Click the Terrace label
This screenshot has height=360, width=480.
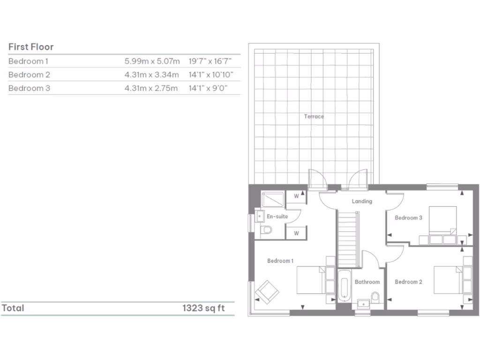click(314, 116)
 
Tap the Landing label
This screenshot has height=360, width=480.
click(362, 201)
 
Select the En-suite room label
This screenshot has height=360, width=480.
click(277, 217)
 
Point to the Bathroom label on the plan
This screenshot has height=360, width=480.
click(367, 282)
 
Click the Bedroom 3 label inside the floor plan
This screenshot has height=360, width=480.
click(408, 217)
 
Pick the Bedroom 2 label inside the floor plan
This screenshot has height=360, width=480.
click(408, 282)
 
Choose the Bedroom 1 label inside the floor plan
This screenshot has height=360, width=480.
click(280, 261)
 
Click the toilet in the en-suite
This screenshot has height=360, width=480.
click(266, 230)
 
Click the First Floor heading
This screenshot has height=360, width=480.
click(31, 47)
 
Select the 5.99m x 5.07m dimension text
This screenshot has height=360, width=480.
click(152, 61)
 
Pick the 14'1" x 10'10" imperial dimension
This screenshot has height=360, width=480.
click(211, 75)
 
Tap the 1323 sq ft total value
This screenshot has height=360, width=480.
click(204, 308)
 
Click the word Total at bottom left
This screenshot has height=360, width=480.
click(13, 308)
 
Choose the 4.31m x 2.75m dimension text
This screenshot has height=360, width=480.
click(152, 88)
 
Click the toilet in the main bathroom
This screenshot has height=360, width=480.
click(375, 296)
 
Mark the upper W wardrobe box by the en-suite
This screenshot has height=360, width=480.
click(296, 196)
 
